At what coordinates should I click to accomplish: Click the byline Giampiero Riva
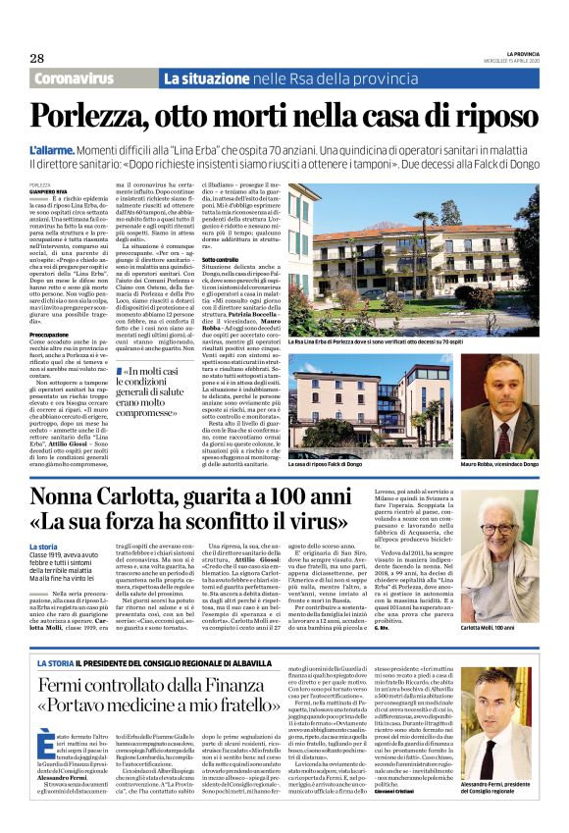(x=49, y=191)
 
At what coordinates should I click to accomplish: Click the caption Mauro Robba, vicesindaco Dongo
(x=499, y=462)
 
